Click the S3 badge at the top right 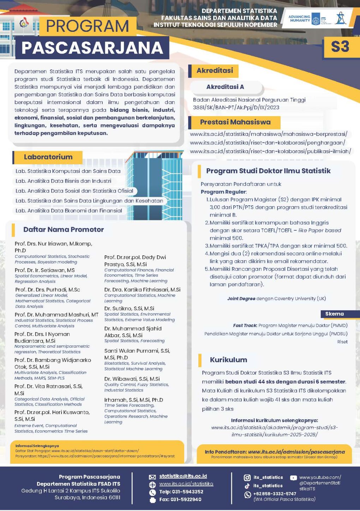tap(340, 47)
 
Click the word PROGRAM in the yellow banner tap(88, 26)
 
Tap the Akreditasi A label tap(225, 87)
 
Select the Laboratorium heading tap(48, 157)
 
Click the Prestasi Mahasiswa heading tap(235, 122)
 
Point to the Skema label tap(334, 314)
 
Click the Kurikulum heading tap(228, 360)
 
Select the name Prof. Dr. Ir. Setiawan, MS tap(45, 270)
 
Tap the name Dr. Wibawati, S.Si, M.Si tap(132, 379)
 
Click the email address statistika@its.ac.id tap(183, 476)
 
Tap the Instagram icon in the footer tap(247, 477)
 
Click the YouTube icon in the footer tap(293, 478)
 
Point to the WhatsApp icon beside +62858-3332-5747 tap(247, 494)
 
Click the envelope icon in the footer tap(152, 477)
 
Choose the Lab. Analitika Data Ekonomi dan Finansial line tap(69, 211)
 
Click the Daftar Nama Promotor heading tap(64, 230)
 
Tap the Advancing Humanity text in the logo tap(299, 19)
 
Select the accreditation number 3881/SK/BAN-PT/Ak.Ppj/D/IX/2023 tap(236, 108)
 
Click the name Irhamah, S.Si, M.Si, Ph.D tap(133, 400)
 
